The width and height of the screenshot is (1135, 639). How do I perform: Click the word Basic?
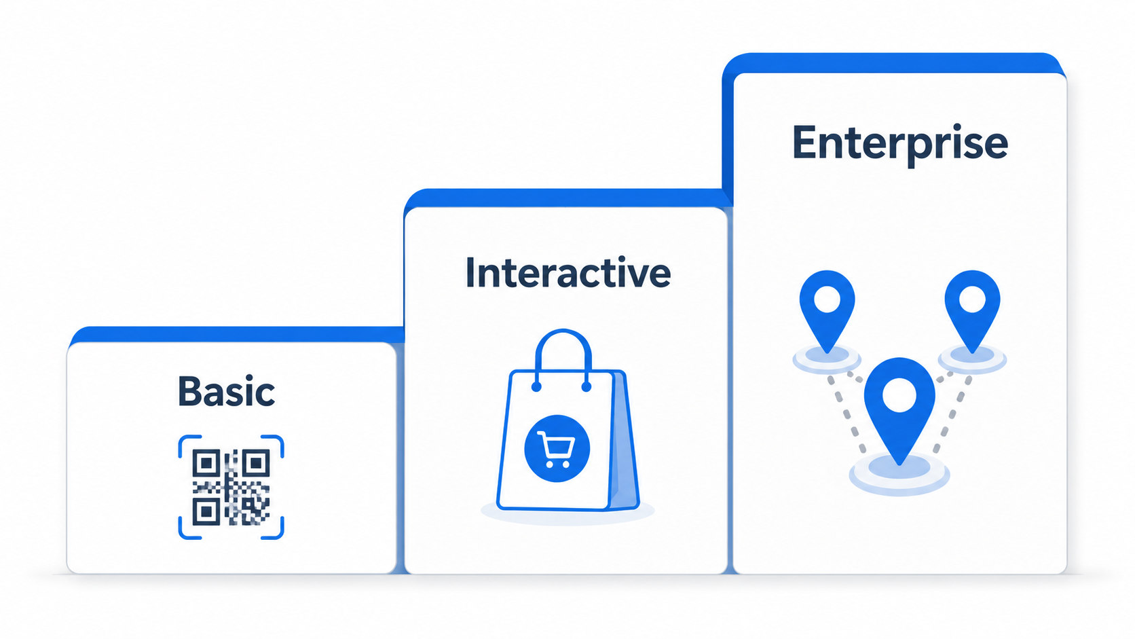(227, 391)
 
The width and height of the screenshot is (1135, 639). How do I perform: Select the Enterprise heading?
(900, 144)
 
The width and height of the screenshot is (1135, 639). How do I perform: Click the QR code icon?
(231, 487)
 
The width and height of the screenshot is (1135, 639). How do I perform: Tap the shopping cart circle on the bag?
(557, 448)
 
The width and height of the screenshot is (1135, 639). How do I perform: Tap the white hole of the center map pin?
(899, 395)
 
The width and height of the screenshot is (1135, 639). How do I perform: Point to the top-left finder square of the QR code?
(206, 462)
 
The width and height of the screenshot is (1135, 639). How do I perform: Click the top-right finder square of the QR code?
(256, 462)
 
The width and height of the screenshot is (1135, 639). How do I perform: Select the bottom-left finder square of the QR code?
(206, 512)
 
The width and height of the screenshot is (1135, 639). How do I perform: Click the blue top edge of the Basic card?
(237, 335)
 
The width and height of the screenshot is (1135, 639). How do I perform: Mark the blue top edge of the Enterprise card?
(894, 63)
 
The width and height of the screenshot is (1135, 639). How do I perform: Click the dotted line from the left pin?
(847, 416)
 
